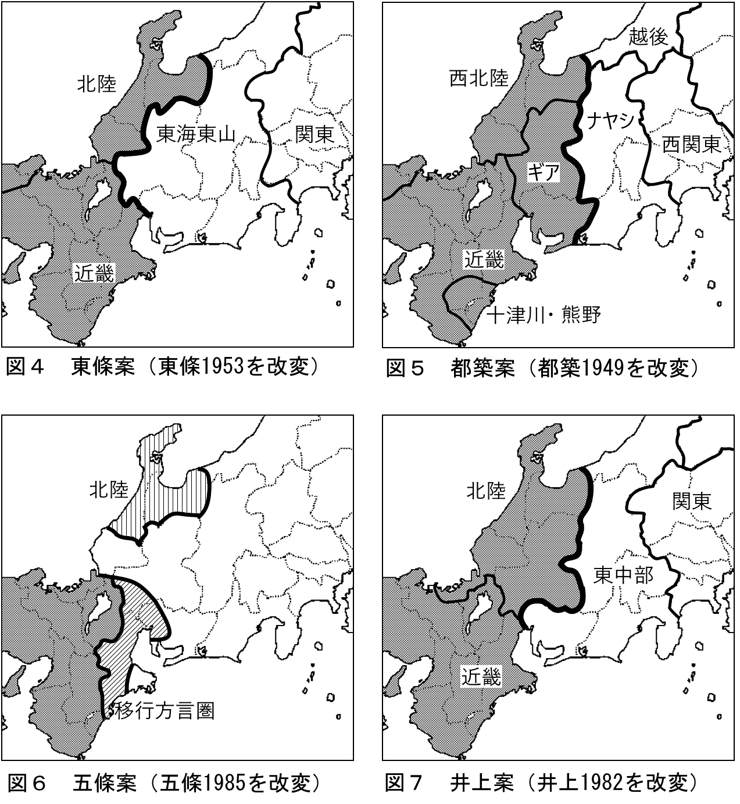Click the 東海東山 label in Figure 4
click(x=196, y=136)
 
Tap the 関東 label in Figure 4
click(x=314, y=135)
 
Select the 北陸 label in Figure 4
click(x=97, y=85)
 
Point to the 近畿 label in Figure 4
click(x=94, y=272)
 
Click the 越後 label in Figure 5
click(x=648, y=37)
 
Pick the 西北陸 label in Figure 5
click(x=479, y=79)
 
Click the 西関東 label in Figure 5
click(x=692, y=144)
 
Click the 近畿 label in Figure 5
click(x=483, y=261)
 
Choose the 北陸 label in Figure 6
click(x=109, y=491)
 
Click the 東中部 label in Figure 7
click(x=624, y=576)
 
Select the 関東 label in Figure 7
click(x=692, y=501)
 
